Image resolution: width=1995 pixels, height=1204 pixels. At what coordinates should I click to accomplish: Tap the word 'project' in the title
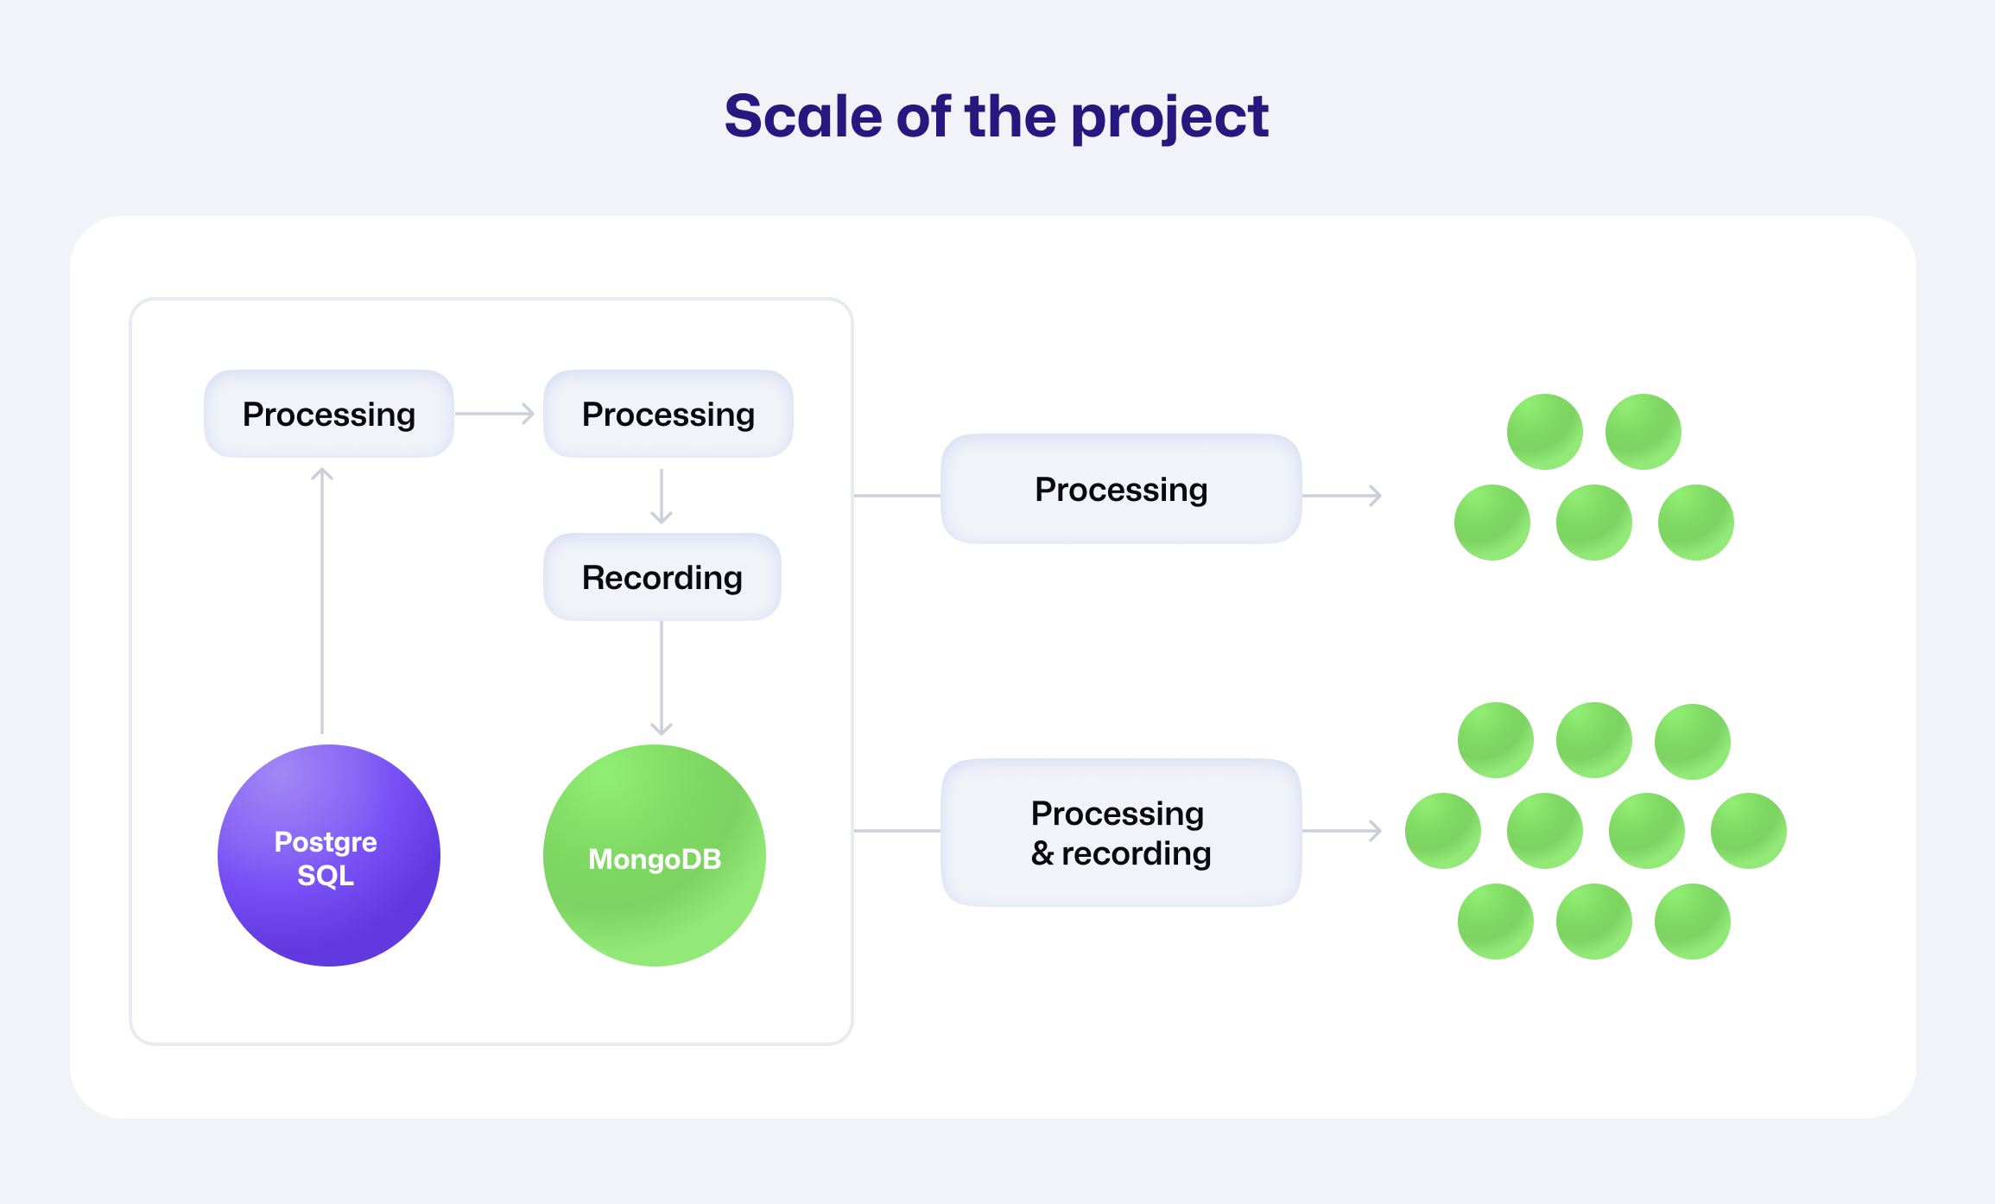click(1169, 118)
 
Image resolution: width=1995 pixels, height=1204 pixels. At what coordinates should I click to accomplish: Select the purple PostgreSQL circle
click(328, 855)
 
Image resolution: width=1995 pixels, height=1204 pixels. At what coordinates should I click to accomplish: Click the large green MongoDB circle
click(655, 855)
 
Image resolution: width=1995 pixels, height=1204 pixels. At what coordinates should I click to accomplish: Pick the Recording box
click(662, 577)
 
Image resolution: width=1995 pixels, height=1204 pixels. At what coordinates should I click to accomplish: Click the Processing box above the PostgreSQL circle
click(329, 414)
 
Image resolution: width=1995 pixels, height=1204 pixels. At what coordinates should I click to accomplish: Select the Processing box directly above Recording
click(668, 414)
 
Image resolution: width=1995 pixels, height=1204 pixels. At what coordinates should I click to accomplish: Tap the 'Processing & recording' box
click(1121, 833)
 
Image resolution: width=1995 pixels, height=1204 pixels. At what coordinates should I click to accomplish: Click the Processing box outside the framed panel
click(1121, 489)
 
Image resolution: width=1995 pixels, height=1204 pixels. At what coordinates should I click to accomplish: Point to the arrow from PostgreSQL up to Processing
click(322, 600)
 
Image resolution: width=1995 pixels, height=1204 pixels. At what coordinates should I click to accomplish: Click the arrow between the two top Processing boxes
click(495, 414)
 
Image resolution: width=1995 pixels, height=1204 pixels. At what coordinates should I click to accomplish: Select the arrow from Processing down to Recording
click(662, 497)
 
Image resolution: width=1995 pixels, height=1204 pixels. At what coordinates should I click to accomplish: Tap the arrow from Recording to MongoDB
click(662, 679)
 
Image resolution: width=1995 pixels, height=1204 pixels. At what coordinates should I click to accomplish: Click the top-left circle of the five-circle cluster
click(1545, 432)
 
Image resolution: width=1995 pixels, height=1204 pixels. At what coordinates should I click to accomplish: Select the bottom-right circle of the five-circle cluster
click(1696, 523)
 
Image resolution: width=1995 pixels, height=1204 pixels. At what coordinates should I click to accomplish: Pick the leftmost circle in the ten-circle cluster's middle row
click(1443, 831)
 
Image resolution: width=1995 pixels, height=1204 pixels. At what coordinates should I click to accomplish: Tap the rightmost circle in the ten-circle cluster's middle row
click(1749, 831)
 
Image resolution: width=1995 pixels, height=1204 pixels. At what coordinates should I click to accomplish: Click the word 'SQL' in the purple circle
click(326, 876)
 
